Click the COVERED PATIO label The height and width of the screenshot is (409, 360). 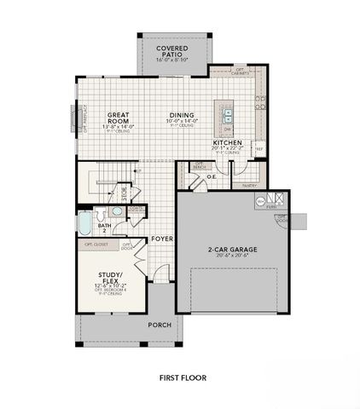click(172, 49)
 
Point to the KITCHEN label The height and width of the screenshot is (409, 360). click(228, 142)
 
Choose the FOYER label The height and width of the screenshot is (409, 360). click(162, 239)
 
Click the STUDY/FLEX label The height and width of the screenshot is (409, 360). click(112, 278)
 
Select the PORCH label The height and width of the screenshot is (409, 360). click(160, 325)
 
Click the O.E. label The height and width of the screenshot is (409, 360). click(209, 177)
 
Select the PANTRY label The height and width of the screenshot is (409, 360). click(250, 184)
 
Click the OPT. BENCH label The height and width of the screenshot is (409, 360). click(201, 164)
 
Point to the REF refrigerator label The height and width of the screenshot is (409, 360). click(258, 148)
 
